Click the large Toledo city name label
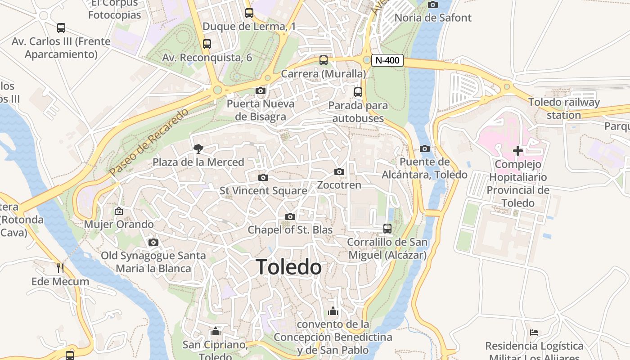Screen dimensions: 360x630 point(288,267)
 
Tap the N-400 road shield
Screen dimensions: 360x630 point(387,60)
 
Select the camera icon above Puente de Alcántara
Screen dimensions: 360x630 point(424,148)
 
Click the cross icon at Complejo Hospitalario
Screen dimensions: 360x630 point(517,151)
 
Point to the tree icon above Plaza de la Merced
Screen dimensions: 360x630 point(198,148)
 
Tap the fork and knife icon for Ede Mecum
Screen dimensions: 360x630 point(60,268)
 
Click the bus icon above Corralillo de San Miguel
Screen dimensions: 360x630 point(387,229)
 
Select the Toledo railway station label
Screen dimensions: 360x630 point(564,108)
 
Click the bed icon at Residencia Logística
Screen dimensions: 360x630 point(534,333)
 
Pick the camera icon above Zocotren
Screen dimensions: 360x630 point(339,171)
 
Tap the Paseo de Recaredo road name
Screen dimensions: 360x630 point(149,142)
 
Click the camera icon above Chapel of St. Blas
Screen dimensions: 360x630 point(290,216)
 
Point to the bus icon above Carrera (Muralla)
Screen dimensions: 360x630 point(324,60)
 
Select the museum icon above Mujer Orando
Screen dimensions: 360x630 point(119,211)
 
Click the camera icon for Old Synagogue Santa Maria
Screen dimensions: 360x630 point(153,242)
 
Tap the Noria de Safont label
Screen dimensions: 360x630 point(433,18)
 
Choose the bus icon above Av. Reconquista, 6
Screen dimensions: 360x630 point(207,44)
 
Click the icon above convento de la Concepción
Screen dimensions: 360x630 point(333,311)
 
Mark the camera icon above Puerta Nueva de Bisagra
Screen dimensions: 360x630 point(260,90)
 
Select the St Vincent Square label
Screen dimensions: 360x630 point(263,191)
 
